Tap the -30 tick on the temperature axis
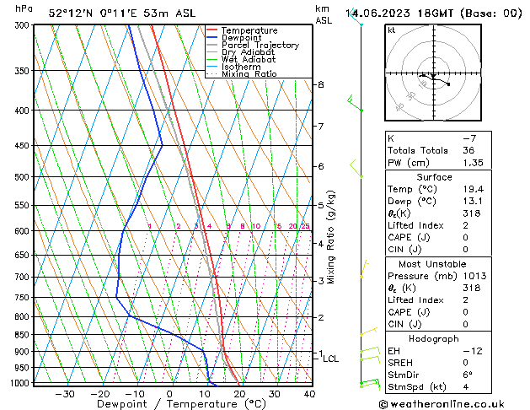[65, 394]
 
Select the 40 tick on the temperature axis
[309, 394]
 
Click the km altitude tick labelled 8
[321, 85]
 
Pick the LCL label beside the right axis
[331, 359]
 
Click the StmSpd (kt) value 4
[467, 387]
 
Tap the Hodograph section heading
[434, 338]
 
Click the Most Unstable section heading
[434, 264]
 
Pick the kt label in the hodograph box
[392, 30]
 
